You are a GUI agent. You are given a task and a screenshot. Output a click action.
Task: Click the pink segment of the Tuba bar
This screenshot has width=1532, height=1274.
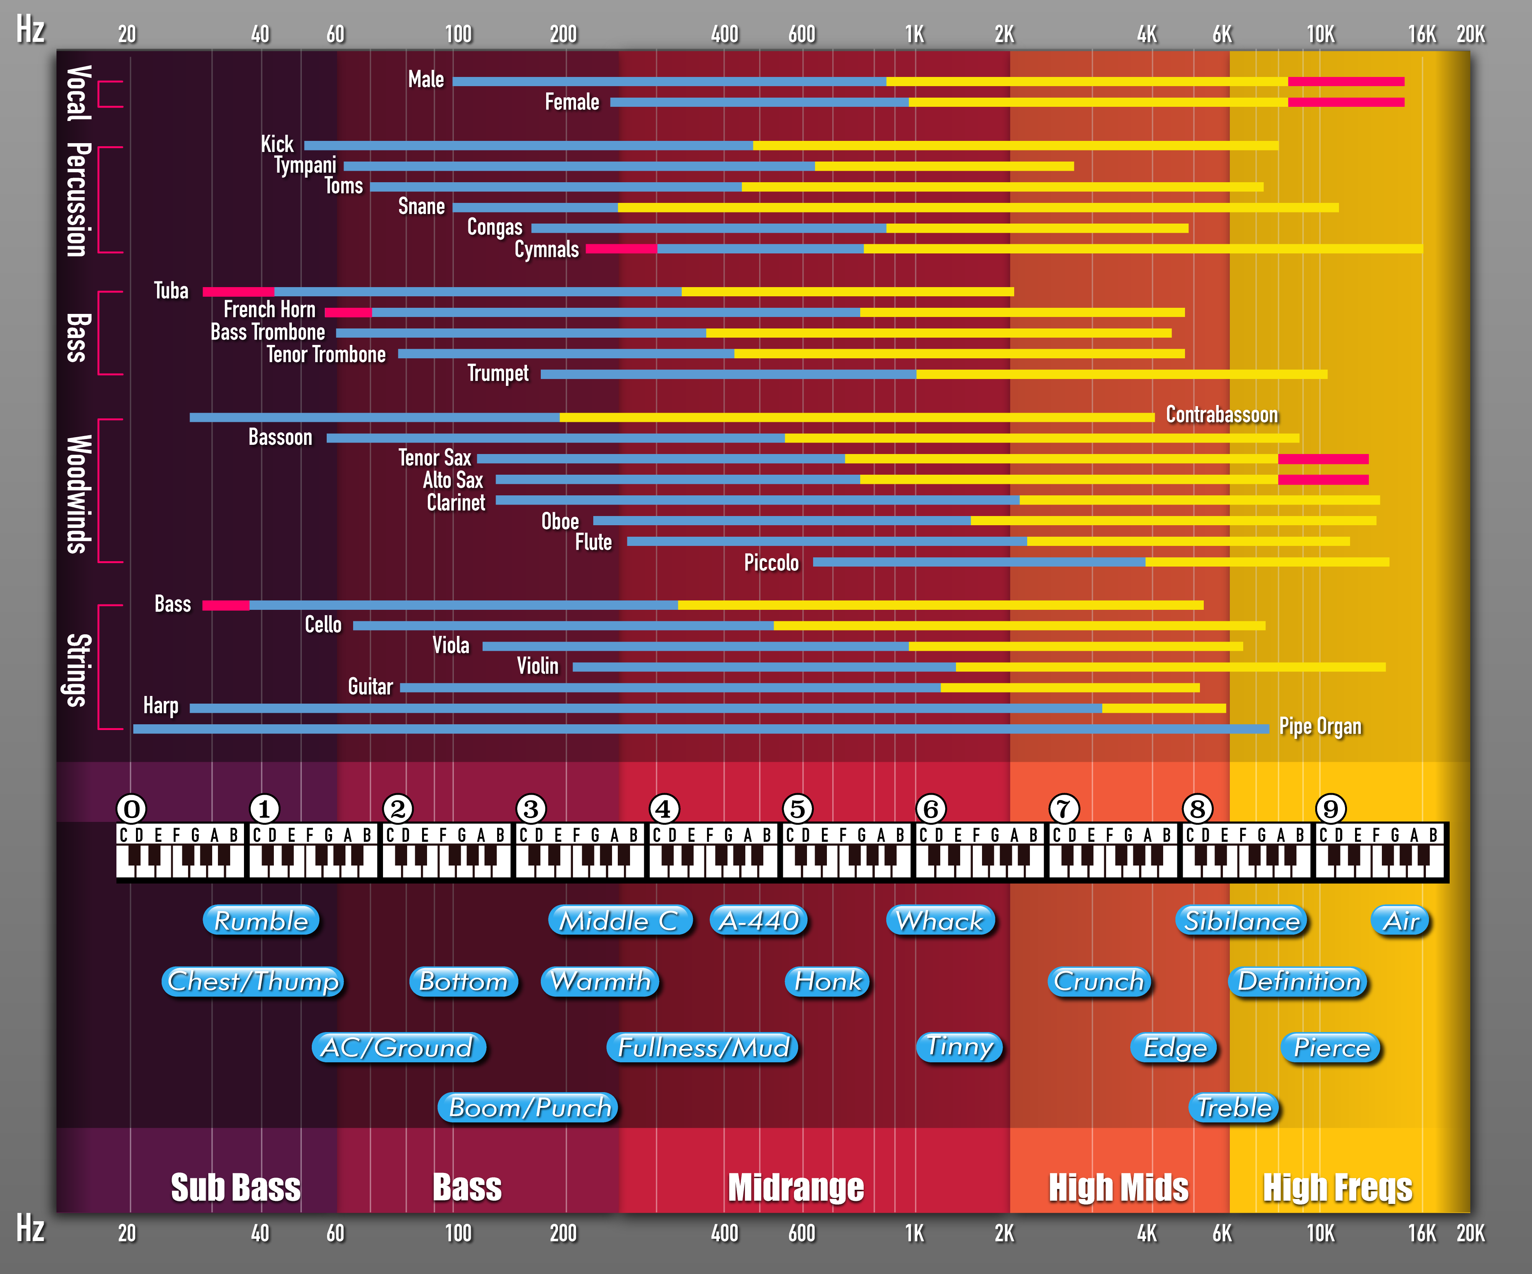pos(238,292)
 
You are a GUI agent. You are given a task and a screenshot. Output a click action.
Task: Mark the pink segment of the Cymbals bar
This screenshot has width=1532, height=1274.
pos(621,249)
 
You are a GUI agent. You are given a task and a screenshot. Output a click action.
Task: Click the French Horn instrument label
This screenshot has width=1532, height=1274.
pos(269,310)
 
